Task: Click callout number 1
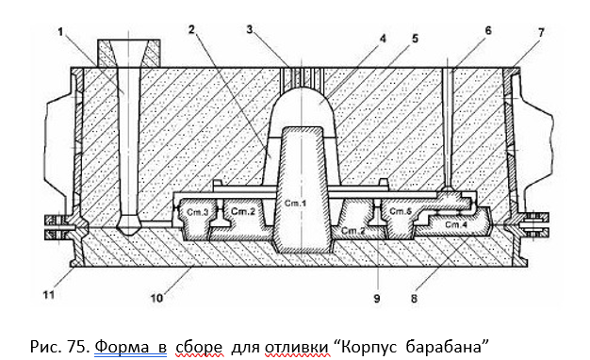click(x=60, y=32)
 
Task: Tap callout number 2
click(x=191, y=29)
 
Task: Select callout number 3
click(x=250, y=29)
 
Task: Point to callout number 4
click(x=383, y=39)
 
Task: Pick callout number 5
click(x=415, y=39)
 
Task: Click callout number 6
click(x=488, y=30)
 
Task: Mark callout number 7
click(x=541, y=33)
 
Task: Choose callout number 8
click(x=414, y=299)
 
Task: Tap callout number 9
click(x=377, y=299)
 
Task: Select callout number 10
click(x=156, y=299)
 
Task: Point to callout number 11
click(x=49, y=295)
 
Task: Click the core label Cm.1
click(x=295, y=204)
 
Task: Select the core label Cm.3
click(x=198, y=212)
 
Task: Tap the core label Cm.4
click(x=456, y=225)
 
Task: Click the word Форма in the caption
click(x=130, y=346)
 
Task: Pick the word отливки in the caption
click(x=297, y=347)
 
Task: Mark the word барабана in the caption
click(x=444, y=346)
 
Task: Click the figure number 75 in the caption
click(x=78, y=347)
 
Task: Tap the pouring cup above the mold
click(x=129, y=54)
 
